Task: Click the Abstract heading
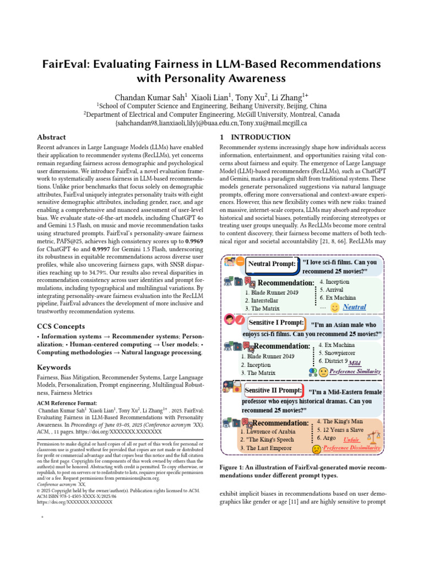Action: pyautogui.click(x=51, y=137)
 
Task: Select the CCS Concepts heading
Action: pyautogui.click(x=61, y=326)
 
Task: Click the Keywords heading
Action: pyautogui.click(x=53, y=367)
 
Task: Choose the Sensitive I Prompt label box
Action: pyautogui.click(x=276, y=322)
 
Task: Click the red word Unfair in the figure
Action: pyautogui.click(x=351, y=440)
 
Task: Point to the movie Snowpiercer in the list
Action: pyautogui.click(x=342, y=352)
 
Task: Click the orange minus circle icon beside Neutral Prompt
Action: pyautogui.click(x=241, y=263)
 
